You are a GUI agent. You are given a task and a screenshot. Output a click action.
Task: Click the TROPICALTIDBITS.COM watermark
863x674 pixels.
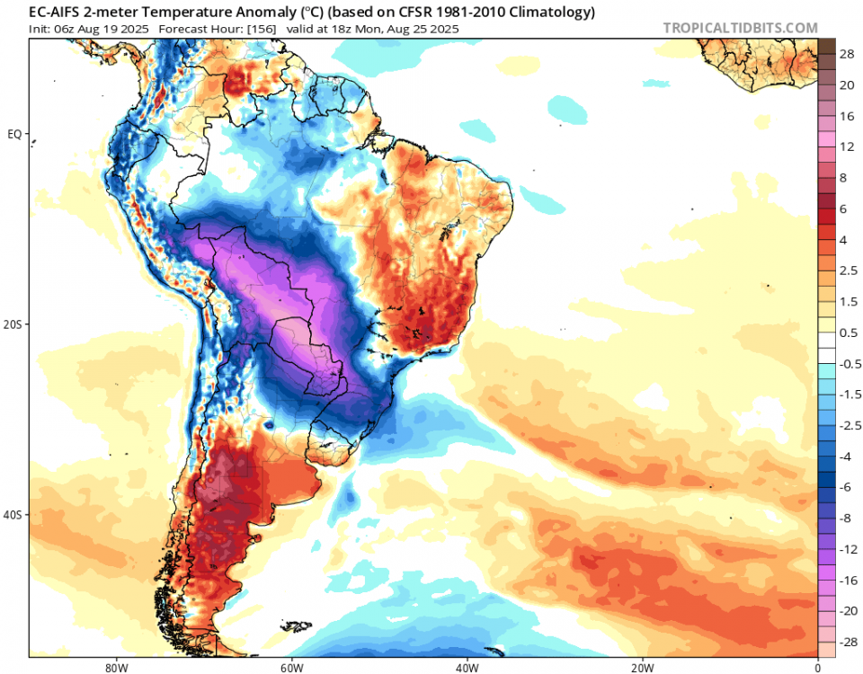click(741, 29)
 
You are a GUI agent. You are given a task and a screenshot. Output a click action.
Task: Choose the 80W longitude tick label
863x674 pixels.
click(113, 667)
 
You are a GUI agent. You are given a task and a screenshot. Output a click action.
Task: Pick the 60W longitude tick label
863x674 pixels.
click(289, 667)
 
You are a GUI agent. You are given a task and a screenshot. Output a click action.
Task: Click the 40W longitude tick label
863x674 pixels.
click(466, 667)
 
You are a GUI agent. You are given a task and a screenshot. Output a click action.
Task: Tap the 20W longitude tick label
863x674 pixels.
click(641, 667)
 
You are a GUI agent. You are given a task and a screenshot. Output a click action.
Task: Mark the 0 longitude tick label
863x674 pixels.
click(817, 667)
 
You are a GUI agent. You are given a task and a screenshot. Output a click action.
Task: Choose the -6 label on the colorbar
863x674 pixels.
click(848, 486)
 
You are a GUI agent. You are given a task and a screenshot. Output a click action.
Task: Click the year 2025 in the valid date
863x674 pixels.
click(444, 29)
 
